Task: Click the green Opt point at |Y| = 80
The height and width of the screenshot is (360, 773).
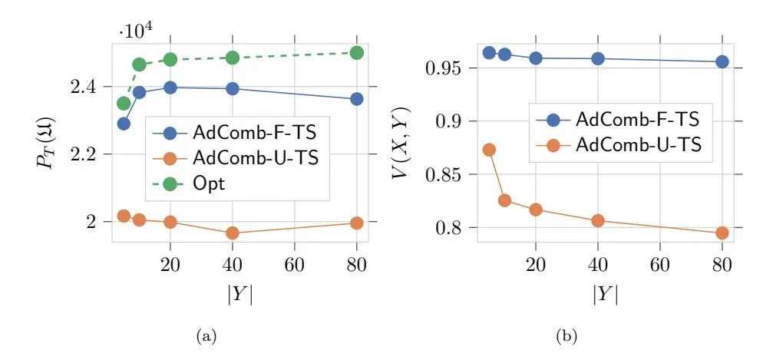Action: tap(356, 53)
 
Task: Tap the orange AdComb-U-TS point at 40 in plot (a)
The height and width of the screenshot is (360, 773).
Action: tap(232, 233)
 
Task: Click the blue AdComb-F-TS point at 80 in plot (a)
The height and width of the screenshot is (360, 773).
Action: tap(356, 99)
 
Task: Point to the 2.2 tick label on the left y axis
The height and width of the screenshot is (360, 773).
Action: tap(91, 155)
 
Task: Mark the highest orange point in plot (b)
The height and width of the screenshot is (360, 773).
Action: tap(489, 150)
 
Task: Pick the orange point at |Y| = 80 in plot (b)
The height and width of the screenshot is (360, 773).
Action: tap(722, 233)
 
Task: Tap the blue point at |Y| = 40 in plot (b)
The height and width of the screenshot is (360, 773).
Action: tap(598, 58)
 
